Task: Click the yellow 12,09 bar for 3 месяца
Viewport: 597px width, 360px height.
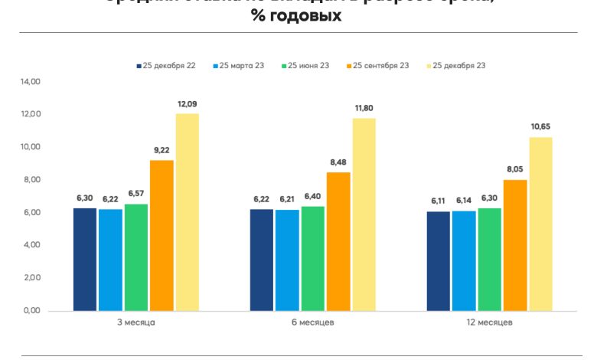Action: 188,212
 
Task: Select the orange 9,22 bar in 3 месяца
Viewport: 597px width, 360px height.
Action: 161,235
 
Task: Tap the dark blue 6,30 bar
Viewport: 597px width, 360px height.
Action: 85,260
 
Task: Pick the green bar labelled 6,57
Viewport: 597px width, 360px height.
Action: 136,257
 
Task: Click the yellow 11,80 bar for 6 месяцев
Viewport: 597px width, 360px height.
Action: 364,214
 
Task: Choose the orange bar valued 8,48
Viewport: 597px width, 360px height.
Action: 338,241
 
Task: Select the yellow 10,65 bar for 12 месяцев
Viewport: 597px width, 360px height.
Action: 540,224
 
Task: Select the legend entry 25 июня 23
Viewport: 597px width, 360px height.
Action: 308,66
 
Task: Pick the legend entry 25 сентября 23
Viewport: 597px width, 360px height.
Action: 380,66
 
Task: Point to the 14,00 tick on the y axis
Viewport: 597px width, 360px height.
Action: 31,81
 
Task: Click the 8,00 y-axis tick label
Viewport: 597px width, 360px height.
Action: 31,180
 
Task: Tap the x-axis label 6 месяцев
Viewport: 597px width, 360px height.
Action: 313,322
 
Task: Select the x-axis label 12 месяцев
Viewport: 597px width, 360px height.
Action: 490,322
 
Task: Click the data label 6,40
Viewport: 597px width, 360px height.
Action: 313,198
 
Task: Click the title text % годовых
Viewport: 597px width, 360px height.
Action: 296,16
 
